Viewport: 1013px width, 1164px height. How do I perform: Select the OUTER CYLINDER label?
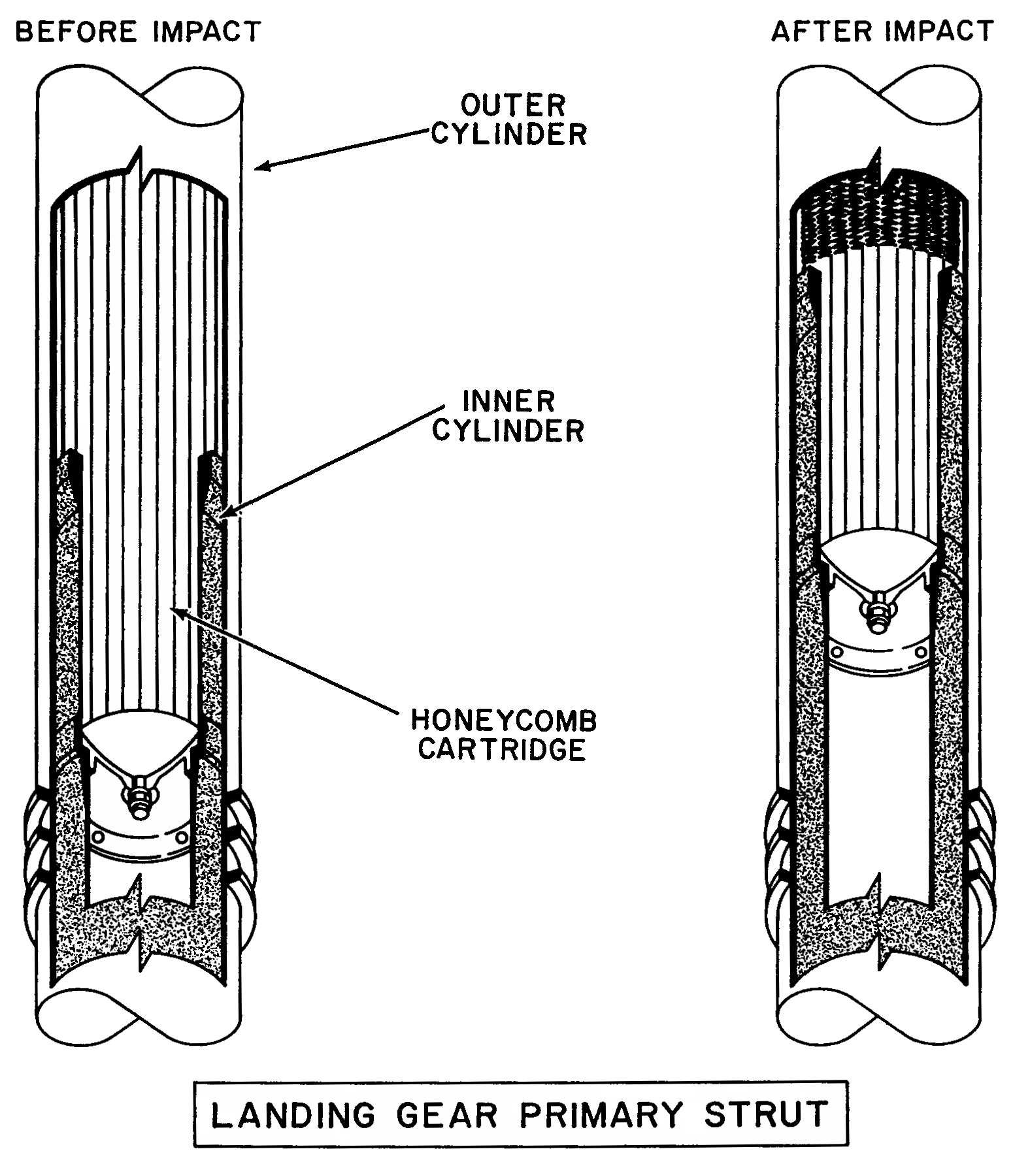[x=510, y=120]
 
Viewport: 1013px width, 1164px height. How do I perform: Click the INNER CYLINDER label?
[x=508, y=415]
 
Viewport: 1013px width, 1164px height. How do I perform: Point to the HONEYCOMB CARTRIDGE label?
[x=504, y=735]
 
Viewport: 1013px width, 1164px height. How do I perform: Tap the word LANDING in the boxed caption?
[x=293, y=1114]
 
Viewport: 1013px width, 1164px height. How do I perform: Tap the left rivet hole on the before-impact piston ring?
[x=98, y=837]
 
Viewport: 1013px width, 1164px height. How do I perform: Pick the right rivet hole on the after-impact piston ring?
[x=920, y=652]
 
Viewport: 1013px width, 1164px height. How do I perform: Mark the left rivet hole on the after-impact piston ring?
[x=836, y=651]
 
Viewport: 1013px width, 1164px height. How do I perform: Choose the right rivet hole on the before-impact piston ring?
[x=182, y=837]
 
